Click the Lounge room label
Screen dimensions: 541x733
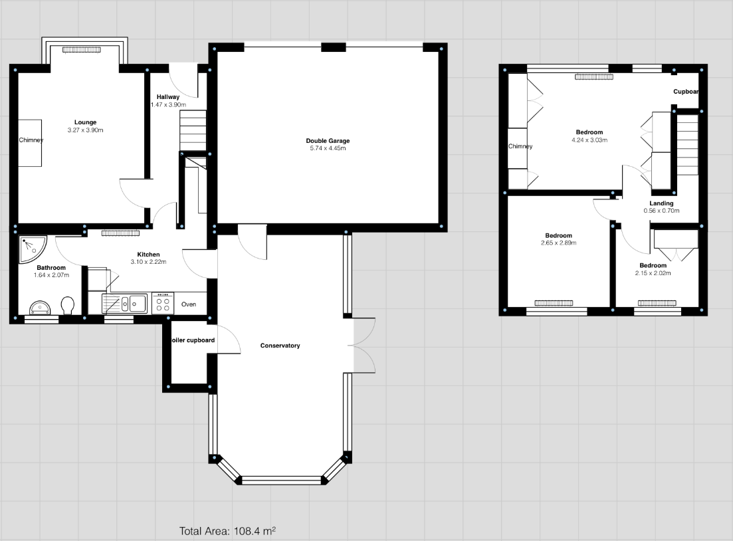(85, 122)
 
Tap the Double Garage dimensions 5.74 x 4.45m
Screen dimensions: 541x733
(327, 148)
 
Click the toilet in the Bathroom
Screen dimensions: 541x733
(67, 306)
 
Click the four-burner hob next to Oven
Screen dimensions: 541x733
(162, 304)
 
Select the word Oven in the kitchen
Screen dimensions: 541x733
(189, 304)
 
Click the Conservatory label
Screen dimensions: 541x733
(280, 346)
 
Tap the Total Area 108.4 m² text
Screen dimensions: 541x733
(227, 531)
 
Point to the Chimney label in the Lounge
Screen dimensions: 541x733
(31, 140)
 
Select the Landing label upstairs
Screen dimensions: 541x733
(661, 203)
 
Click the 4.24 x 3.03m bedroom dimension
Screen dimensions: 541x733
(589, 140)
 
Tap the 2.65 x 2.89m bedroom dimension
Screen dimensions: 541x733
(558, 243)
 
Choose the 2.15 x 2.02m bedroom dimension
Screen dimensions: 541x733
(653, 273)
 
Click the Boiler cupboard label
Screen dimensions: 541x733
(191, 340)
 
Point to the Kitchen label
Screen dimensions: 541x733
(148, 255)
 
